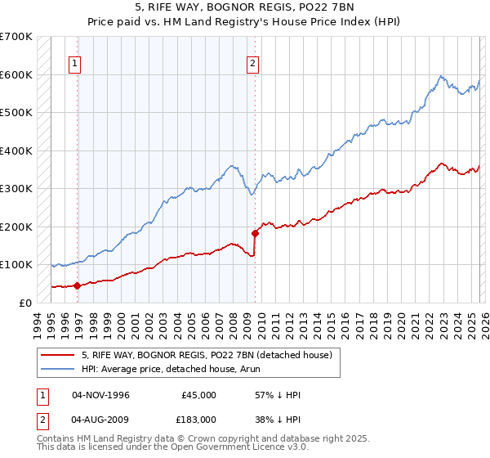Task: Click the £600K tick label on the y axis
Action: tap(16, 74)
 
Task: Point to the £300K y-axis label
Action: tap(16, 188)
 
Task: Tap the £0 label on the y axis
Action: tap(26, 303)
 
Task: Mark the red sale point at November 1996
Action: tap(78, 285)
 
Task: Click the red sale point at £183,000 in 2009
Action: tap(256, 233)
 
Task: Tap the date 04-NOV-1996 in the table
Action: tap(100, 395)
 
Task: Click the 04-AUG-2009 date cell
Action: tap(100, 418)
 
